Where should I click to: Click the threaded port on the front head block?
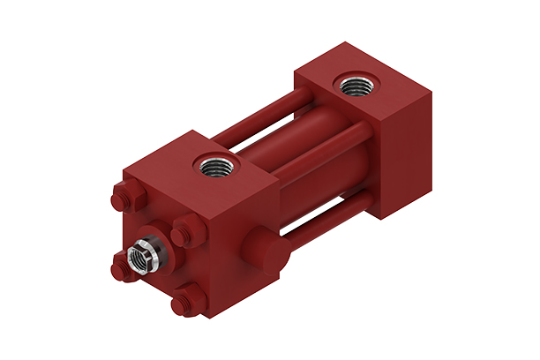click(214, 164)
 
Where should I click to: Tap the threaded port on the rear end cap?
click(356, 86)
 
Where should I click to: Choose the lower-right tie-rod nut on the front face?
click(185, 303)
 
